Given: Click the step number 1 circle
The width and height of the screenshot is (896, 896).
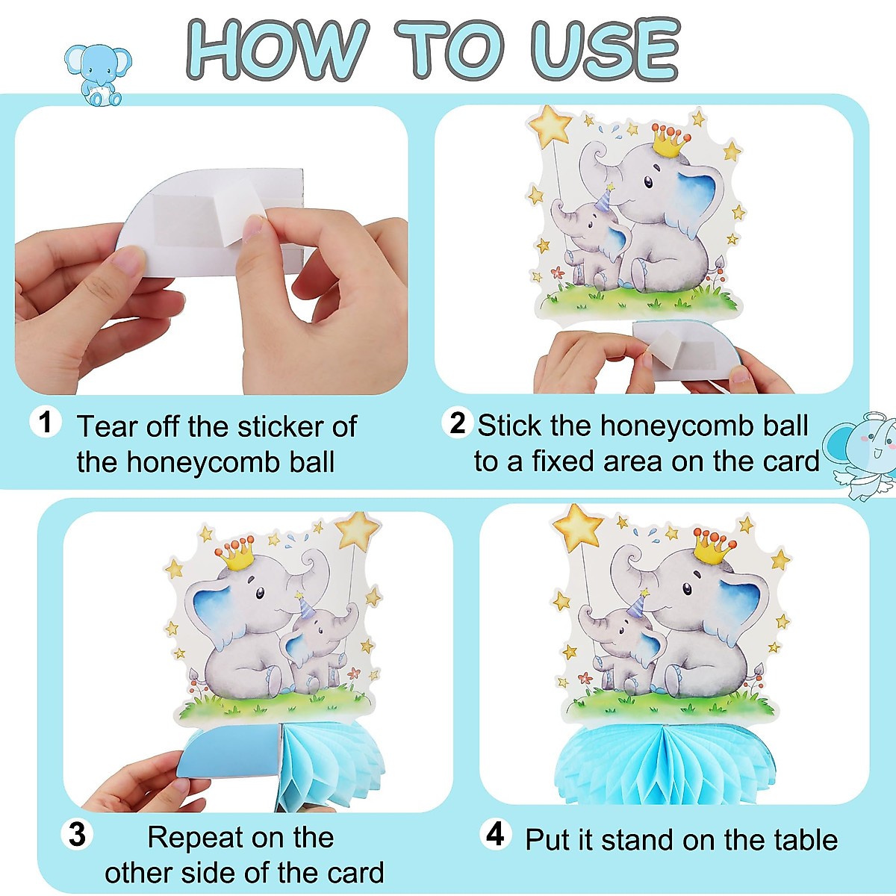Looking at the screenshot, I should [x=46, y=423].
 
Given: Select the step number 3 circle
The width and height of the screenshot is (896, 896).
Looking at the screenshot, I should [x=77, y=834].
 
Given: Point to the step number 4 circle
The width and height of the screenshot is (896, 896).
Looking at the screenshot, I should [x=495, y=834].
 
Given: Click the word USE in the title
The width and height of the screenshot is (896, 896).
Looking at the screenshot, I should [x=605, y=50].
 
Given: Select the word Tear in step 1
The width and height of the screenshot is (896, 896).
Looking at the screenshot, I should [x=108, y=427].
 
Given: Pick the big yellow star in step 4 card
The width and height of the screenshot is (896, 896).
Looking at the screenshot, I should [x=577, y=527].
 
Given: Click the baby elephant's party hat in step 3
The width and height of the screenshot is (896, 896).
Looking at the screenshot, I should [x=302, y=604].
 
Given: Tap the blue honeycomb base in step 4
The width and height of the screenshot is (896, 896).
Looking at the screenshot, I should [x=665, y=762].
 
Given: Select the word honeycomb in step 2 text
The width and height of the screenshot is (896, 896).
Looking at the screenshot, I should [x=670, y=426].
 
